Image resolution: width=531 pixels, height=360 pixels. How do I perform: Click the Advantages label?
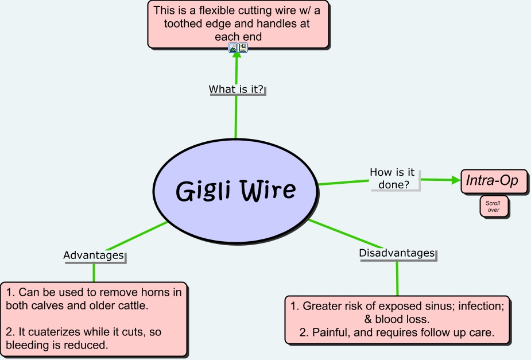[94, 255]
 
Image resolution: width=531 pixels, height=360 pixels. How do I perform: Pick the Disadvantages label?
[397, 253]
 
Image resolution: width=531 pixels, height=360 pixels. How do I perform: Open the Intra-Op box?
[495, 181]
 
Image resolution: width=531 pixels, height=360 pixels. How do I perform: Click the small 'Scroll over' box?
[494, 207]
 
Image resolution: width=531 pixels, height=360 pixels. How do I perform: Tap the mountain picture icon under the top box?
[233, 48]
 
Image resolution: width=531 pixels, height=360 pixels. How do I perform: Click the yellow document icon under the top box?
[243, 48]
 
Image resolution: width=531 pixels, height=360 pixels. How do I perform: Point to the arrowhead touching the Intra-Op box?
[456, 180]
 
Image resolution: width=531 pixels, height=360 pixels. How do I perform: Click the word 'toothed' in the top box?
[183, 24]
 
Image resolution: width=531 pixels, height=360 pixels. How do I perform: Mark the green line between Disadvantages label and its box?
[397, 278]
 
